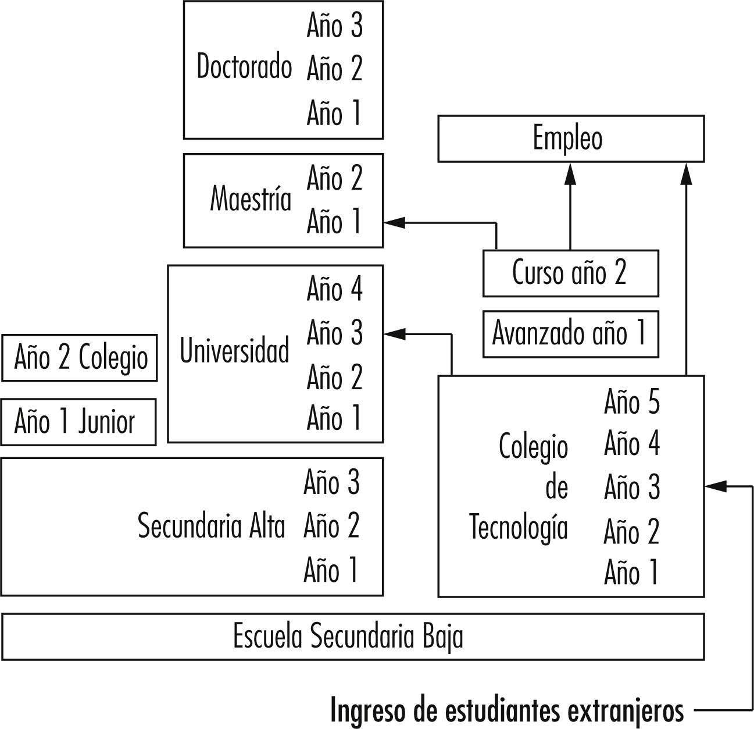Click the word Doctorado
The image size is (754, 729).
[x=244, y=66]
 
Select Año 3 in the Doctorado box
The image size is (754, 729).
[x=334, y=26]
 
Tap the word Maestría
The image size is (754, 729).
[x=251, y=199]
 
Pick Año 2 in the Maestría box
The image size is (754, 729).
[x=334, y=178]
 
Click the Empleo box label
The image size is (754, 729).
[x=567, y=138]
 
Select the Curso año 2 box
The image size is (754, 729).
[x=570, y=272]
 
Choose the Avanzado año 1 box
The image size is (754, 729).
[x=570, y=334]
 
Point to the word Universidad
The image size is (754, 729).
[x=234, y=351]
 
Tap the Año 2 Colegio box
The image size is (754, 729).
[x=80, y=357]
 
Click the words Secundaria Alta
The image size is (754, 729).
[x=211, y=527]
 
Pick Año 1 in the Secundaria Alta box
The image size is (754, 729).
[x=331, y=570]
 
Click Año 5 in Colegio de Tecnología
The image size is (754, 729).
[x=632, y=402]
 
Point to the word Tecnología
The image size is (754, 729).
[x=518, y=527]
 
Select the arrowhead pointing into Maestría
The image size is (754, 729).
[x=394, y=222]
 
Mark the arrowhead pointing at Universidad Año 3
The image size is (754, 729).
[x=394, y=333]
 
